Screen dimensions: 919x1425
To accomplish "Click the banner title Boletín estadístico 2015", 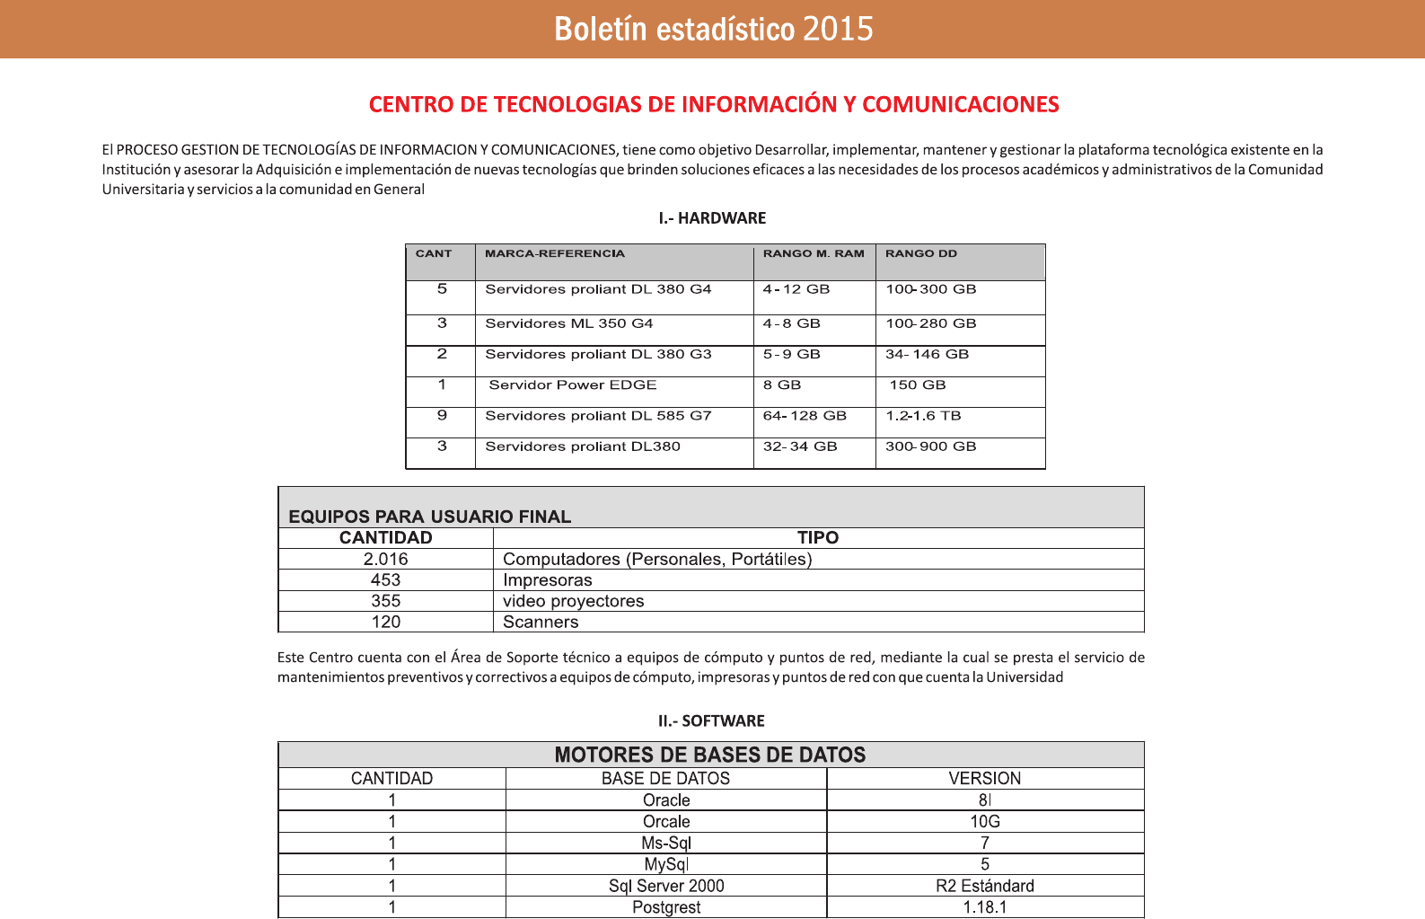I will click(x=713, y=29).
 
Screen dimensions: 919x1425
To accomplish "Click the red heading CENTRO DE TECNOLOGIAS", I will click(x=713, y=104).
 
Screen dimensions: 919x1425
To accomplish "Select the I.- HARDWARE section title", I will click(x=712, y=218).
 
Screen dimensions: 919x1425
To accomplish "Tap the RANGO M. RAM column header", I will click(x=814, y=254).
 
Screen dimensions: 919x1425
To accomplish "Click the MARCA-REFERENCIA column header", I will click(x=555, y=254).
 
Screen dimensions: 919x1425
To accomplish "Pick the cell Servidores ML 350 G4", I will click(x=569, y=323).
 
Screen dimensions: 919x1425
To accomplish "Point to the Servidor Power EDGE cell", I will click(x=573, y=385).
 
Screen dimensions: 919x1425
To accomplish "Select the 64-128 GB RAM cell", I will click(x=805, y=416).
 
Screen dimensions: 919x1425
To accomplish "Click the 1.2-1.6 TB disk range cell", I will click(x=923, y=416).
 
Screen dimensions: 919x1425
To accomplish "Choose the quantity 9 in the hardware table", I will click(x=442, y=416).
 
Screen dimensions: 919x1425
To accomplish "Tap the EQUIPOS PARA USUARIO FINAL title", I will click(x=429, y=517).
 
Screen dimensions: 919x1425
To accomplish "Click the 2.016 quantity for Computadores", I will click(x=385, y=559).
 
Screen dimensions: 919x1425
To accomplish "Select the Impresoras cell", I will click(x=548, y=580).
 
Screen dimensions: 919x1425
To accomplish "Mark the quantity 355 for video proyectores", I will click(x=385, y=601).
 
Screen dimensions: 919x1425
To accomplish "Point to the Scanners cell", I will click(x=541, y=622).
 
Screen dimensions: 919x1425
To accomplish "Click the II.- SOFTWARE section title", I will click(x=711, y=720).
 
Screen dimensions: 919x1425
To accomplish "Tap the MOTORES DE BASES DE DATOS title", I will click(x=710, y=755).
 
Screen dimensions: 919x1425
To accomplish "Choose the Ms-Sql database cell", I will click(x=666, y=843).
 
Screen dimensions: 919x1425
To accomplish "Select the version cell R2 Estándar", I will click(x=985, y=886).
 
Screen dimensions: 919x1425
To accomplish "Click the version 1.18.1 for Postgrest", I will click(x=985, y=907).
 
